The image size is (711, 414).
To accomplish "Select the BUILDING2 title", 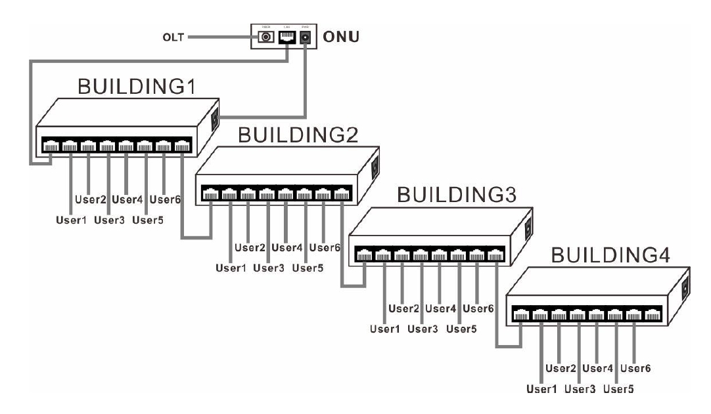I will click(x=298, y=136).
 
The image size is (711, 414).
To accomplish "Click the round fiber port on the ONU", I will click(x=266, y=38).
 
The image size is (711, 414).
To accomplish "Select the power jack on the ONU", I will click(x=305, y=39).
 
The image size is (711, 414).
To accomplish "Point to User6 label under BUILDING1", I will click(x=166, y=199).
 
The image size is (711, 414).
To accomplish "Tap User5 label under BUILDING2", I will click(x=308, y=267).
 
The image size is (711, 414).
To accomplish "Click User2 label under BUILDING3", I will click(x=404, y=308).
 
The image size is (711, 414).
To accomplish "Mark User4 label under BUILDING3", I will click(x=442, y=308).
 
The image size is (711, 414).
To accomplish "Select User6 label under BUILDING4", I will click(x=636, y=369).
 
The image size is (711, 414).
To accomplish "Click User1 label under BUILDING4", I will click(x=542, y=389).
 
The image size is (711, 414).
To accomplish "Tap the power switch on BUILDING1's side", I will click(x=214, y=119).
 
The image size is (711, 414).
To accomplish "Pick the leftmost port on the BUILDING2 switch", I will click(x=211, y=194).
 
